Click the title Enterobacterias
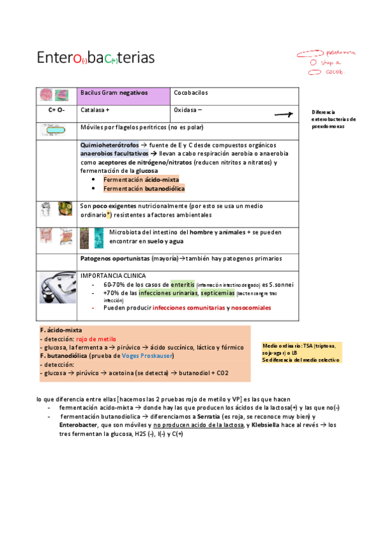[95, 58]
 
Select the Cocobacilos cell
[191, 93]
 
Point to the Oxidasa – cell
[188, 110]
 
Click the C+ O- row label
[56, 110]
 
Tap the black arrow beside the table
[282, 115]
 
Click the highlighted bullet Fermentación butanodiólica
[144, 189]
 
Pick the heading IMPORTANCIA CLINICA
[113, 276]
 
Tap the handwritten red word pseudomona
[341, 53]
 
